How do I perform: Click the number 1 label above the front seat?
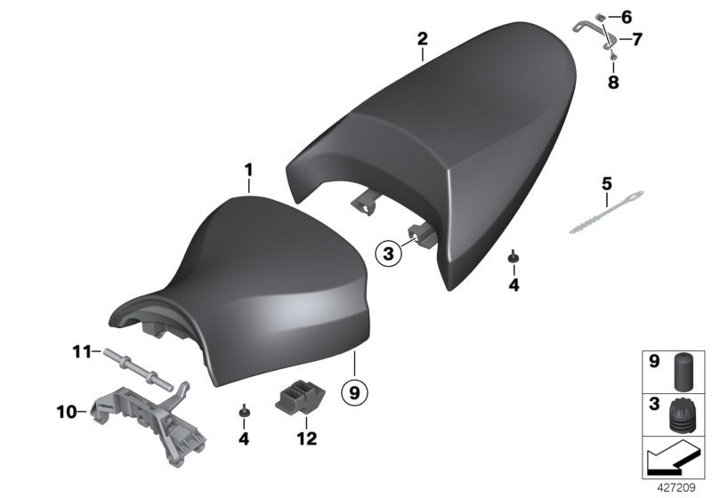pos(249,169)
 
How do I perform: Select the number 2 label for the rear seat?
pos(422,38)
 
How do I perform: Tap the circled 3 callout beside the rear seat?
pos(387,253)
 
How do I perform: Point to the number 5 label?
pos(607,184)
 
